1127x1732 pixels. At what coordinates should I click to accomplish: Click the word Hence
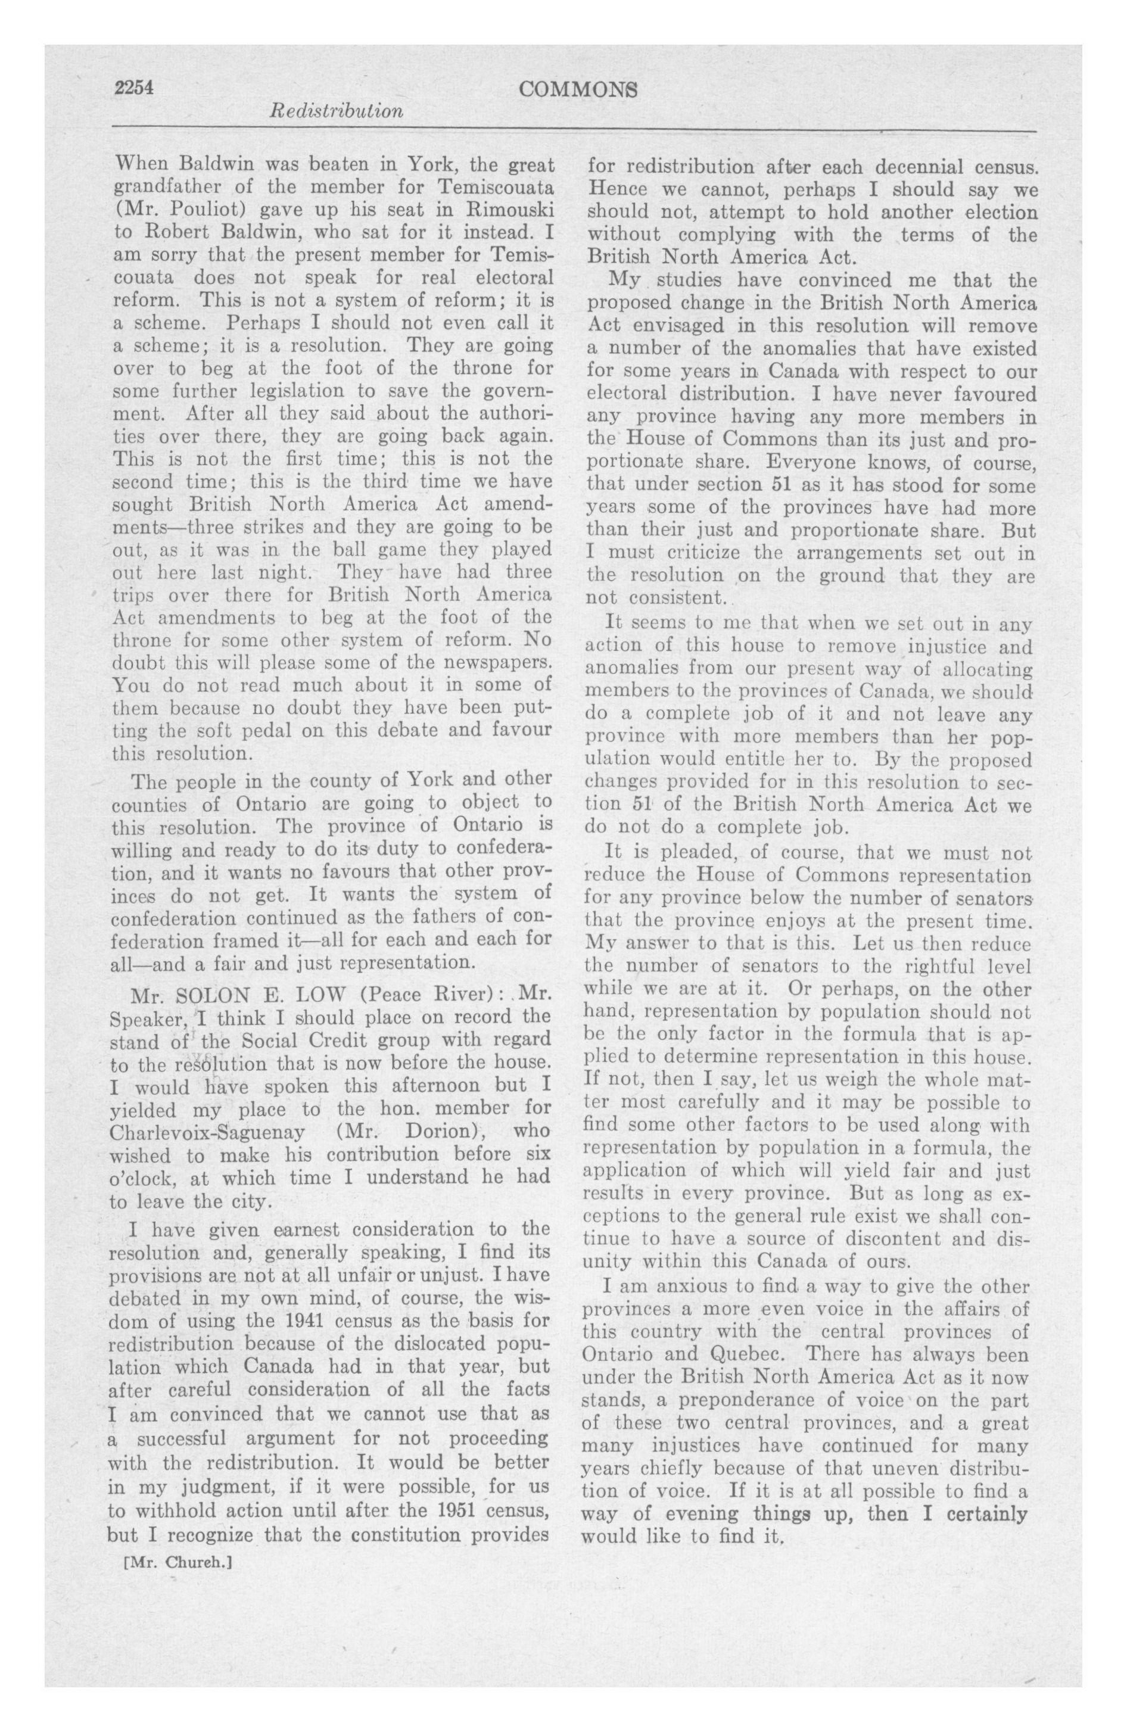pos(613,189)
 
